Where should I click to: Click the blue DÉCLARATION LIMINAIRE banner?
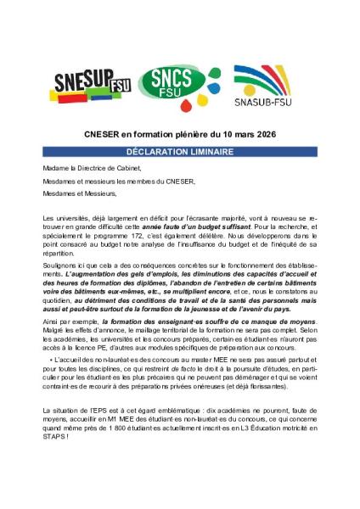[x=179, y=150]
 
